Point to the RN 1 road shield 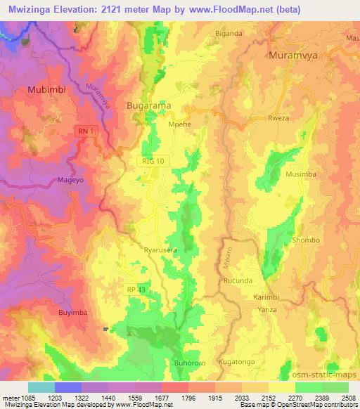(x=86, y=130)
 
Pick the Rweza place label (x=279, y=119)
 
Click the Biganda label (x=229, y=33)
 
